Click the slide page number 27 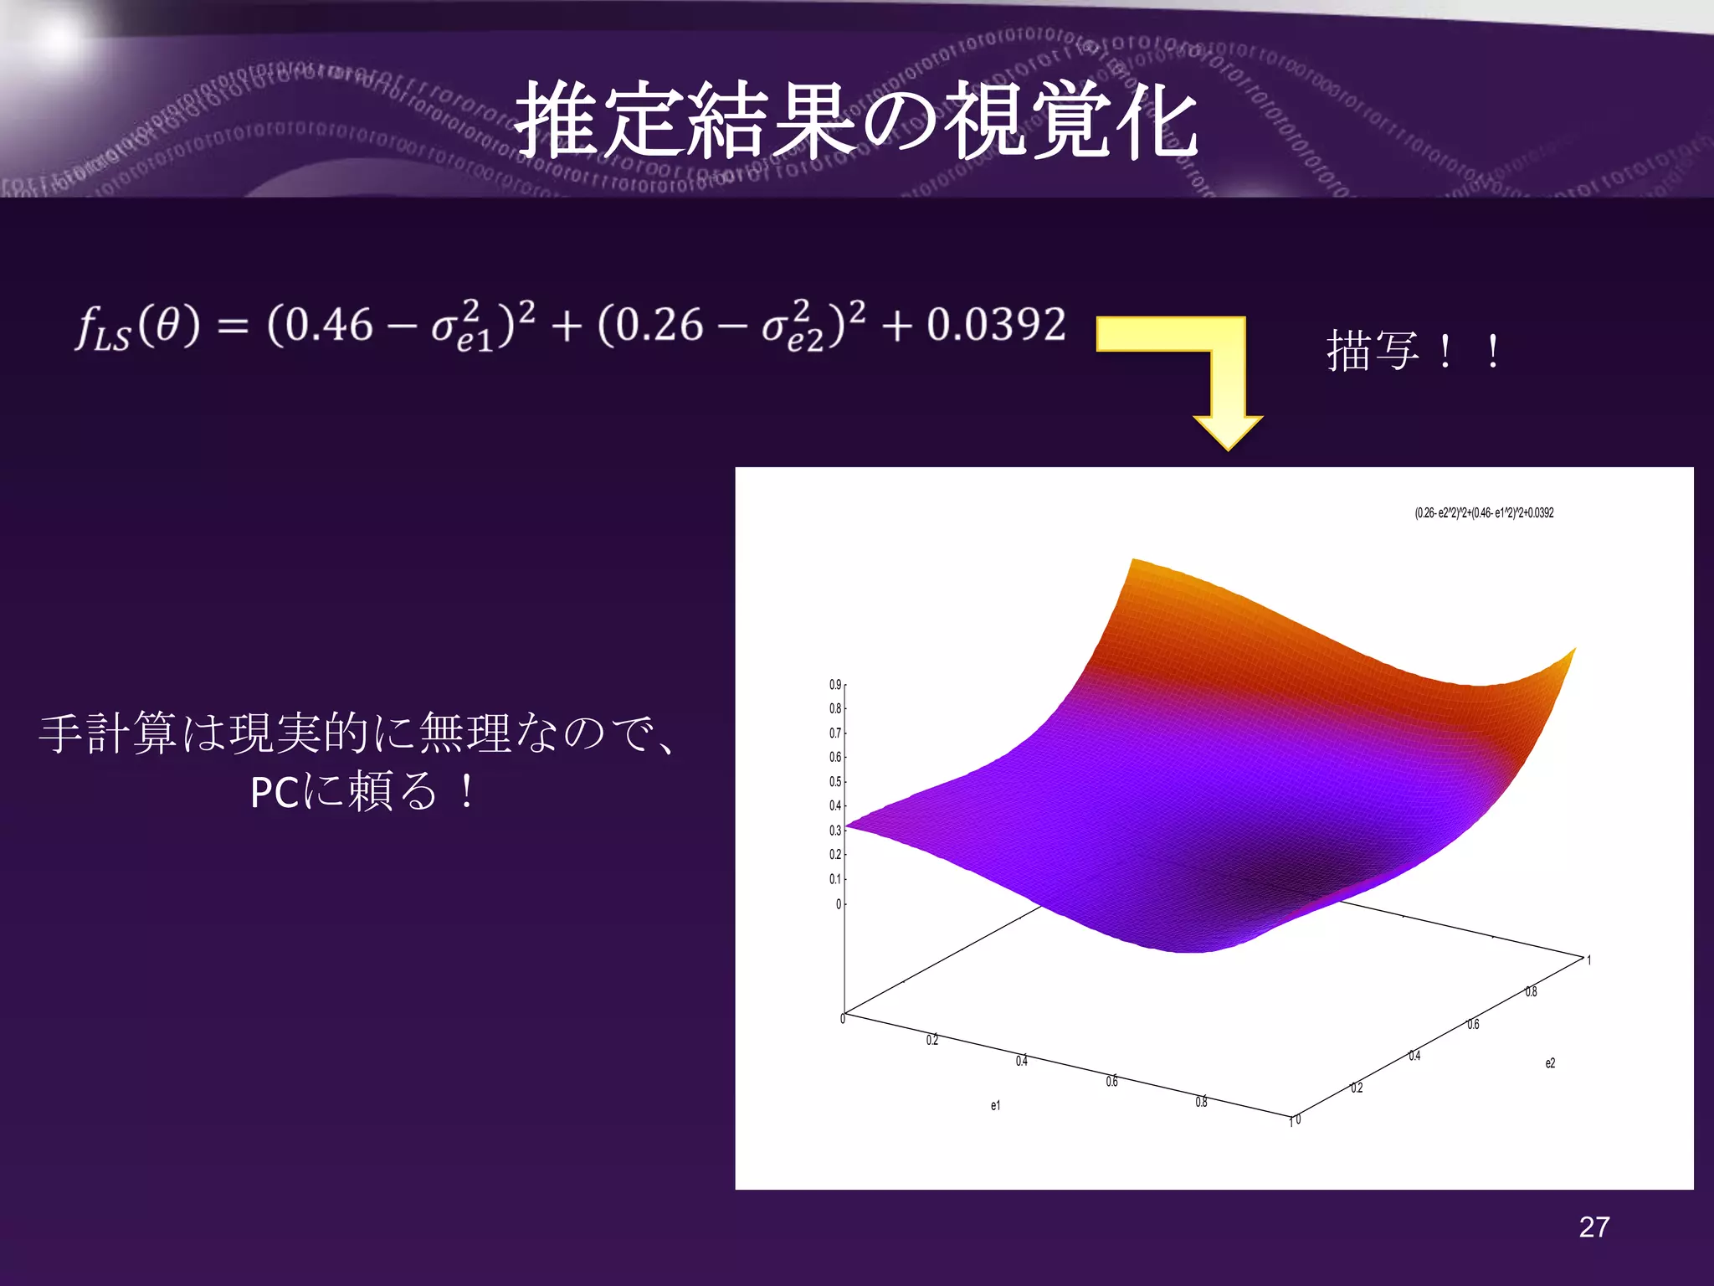click(x=1593, y=1227)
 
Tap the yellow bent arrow click(x=1197, y=368)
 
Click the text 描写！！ click(x=1414, y=350)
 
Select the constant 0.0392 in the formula click(x=996, y=325)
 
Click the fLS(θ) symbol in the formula click(x=138, y=327)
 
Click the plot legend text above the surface click(x=1483, y=512)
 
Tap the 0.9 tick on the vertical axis click(x=834, y=685)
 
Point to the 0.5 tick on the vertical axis click(x=834, y=782)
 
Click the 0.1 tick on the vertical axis click(x=834, y=879)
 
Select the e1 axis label click(x=995, y=1106)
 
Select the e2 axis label click(x=1550, y=1063)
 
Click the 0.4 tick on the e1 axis click(x=1021, y=1061)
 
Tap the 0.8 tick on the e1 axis click(x=1201, y=1103)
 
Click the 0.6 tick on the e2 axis click(x=1473, y=1024)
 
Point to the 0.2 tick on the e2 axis click(x=1357, y=1088)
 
